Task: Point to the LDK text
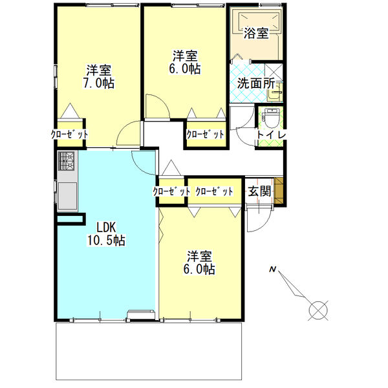pyautogui.click(x=106, y=227)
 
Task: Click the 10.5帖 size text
pyautogui.click(x=106, y=241)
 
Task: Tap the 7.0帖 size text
pyautogui.click(x=98, y=83)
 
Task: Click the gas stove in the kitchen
pyautogui.click(x=67, y=162)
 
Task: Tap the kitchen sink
pyautogui.click(x=67, y=194)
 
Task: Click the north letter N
pyautogui.click(x=273, y=269)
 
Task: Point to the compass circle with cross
pyautogui.click(x=318, y=310)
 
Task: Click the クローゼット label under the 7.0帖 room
pyautogui.click(x=69, y=135)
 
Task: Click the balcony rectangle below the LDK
pyautogui.click(x=150, y=352)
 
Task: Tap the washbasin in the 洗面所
pyautogui.click(x=277, y=94)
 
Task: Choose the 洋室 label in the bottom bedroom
pyautogui.click(x=200, y=255)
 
